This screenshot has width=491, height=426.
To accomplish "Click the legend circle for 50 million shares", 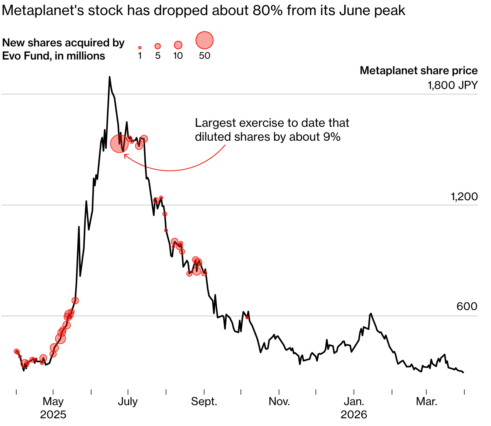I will point(205,40).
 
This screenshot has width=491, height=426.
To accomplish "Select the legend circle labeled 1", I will point(140,48).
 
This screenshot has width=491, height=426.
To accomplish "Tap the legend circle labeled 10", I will point(178,45).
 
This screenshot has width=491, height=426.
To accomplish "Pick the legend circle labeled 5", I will point(157,46).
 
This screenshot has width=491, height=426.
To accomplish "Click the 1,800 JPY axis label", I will point(452,85).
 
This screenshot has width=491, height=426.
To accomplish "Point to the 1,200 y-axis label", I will point(464,197).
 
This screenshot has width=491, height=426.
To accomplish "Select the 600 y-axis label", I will point(467,307).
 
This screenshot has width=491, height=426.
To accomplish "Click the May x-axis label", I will point(53,401).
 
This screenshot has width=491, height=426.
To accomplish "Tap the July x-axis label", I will point(128,401).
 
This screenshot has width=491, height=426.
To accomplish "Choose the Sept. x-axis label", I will point(204,401).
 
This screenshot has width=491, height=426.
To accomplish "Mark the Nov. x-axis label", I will point(279,401).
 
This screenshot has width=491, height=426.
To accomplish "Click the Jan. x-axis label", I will point(354,401).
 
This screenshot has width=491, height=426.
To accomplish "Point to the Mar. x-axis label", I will point(427,401).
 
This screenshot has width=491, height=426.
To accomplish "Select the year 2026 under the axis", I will point(354,415).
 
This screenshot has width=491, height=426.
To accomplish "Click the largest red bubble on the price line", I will point(120,143).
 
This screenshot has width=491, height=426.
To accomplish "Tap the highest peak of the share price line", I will point(110,77).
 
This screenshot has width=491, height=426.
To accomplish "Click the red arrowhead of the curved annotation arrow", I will point(125,155).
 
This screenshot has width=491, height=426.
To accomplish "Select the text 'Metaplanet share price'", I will point(418,70).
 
